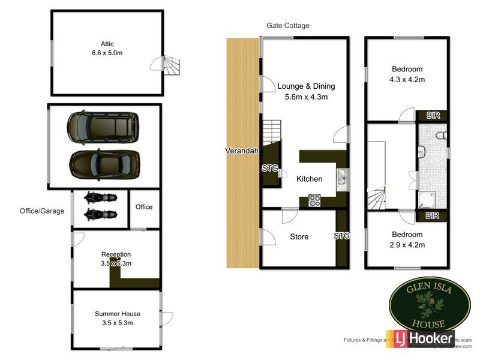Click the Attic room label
point(107,44)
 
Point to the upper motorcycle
point(100,197)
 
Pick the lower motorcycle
point(100,214)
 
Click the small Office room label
point(144,207)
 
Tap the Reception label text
point(116,254)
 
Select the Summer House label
point(118,313)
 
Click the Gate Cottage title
point(288,26)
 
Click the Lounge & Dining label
point(306,86)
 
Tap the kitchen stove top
point(314,200)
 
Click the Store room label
point(299,236)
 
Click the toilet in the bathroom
point(441,136)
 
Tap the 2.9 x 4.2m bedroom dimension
point(407,244)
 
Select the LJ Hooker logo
point(424,339)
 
